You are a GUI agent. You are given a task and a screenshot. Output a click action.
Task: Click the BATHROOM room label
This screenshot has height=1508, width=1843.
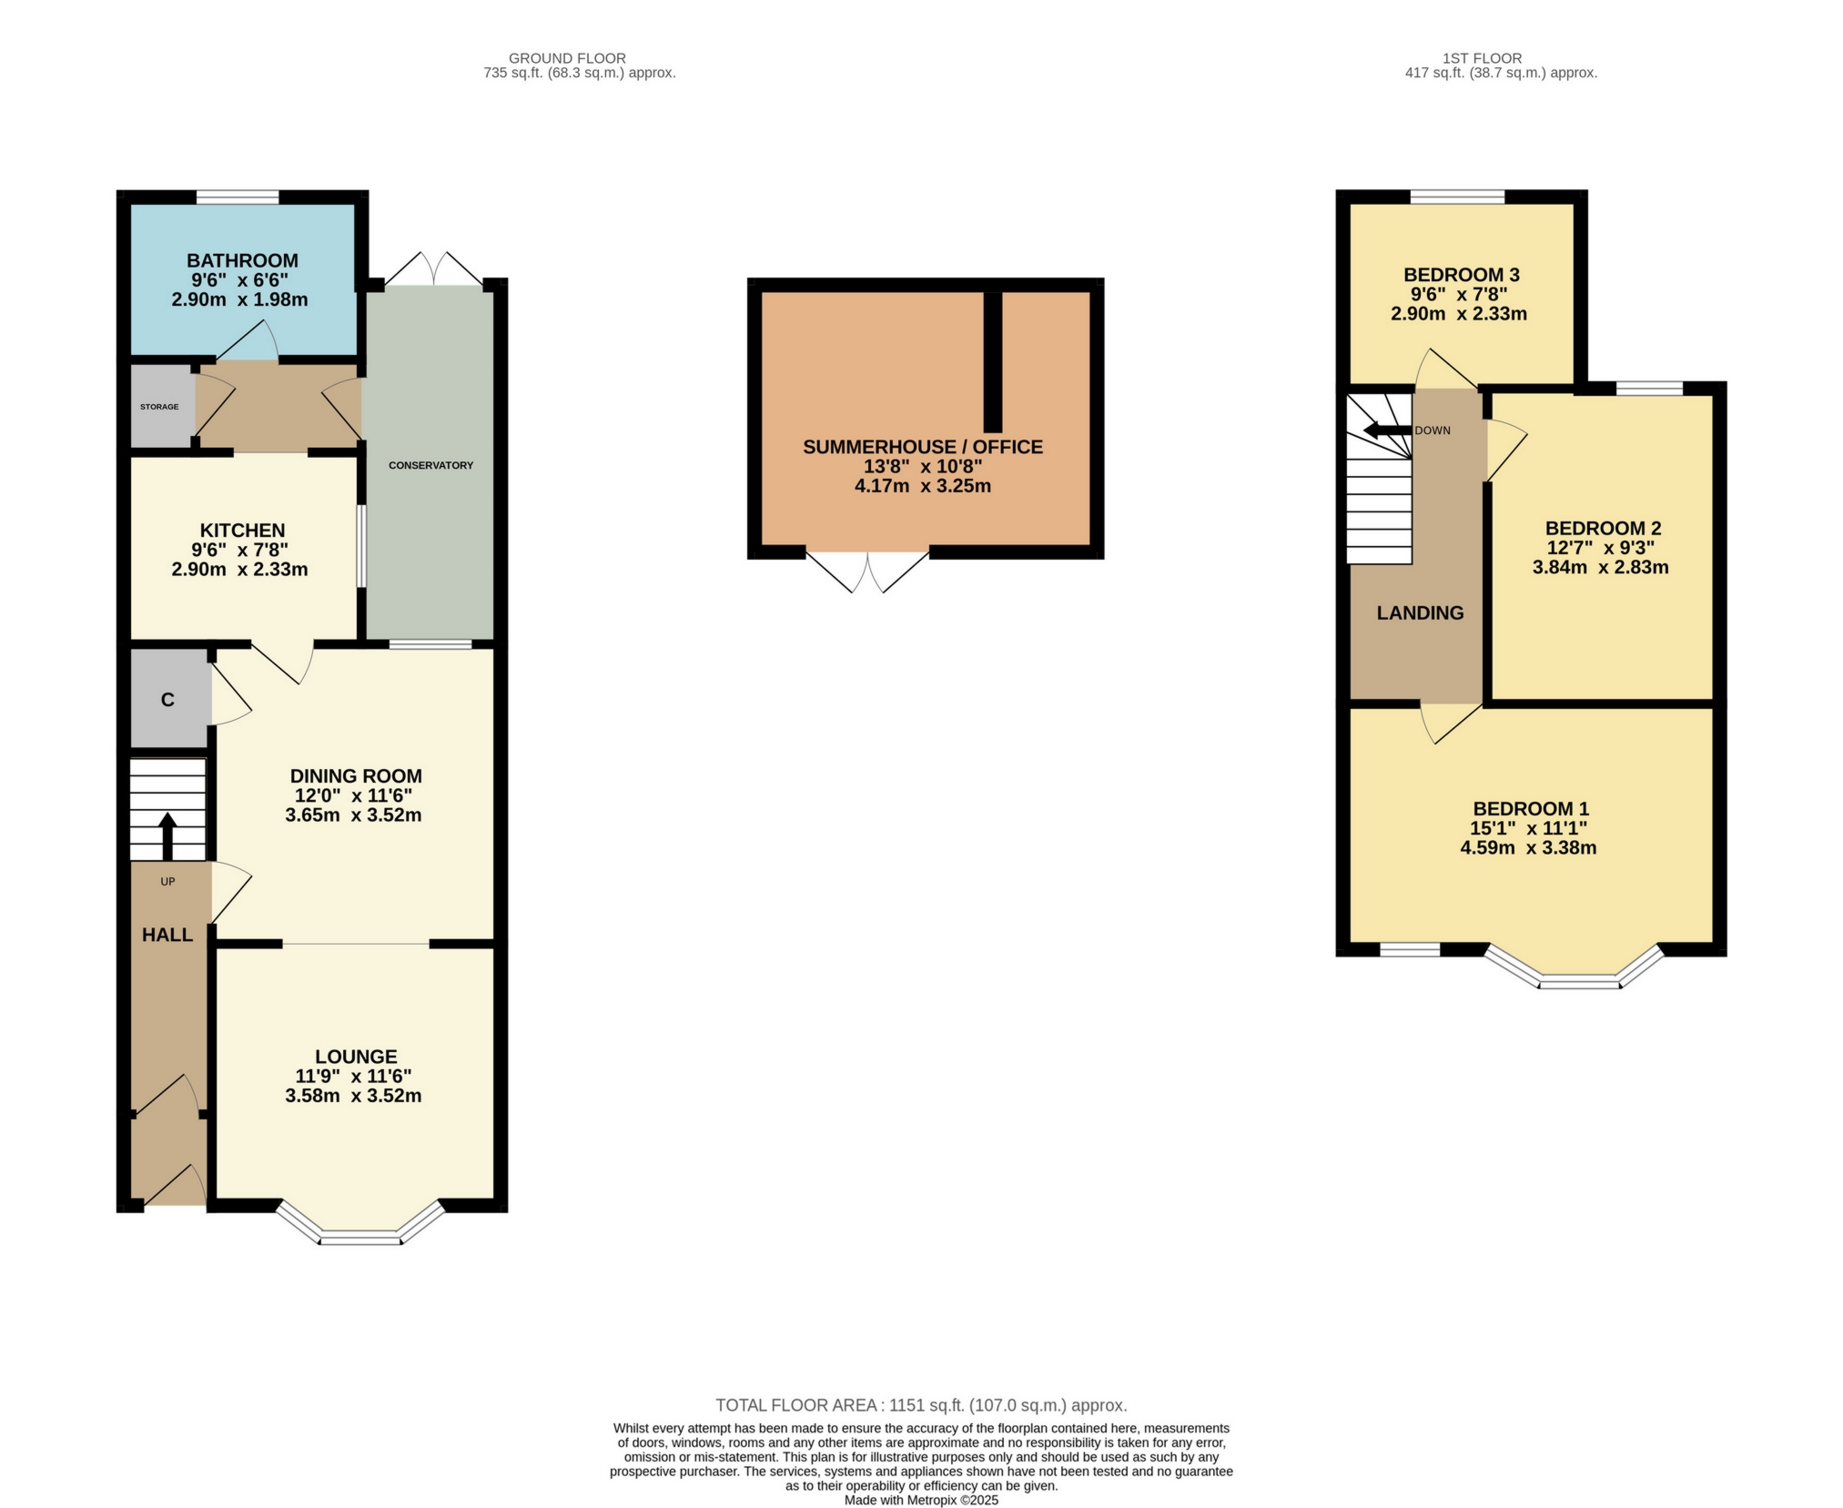click(242, 260)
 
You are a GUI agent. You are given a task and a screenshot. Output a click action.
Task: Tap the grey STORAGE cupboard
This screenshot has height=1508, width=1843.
click(160, 407)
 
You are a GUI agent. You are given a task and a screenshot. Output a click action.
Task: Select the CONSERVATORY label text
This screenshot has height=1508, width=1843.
click(430, 465)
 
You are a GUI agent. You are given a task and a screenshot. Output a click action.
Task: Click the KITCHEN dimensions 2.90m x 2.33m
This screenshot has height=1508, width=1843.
click(239, 571)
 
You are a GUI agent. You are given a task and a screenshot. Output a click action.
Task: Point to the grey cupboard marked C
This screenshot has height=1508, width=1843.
click(167, 699)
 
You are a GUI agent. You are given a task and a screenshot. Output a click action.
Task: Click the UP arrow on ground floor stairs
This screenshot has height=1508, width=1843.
click(167, 834)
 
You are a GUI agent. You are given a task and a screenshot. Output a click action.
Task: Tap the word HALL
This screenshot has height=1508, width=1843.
click(167, 935)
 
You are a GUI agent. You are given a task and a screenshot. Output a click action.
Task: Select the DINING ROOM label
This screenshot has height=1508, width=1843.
click(356, 776)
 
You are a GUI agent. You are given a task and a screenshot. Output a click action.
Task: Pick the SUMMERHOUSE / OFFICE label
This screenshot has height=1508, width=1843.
click(923, 447)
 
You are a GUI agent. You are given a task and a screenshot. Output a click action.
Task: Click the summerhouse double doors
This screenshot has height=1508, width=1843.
click(867, 572)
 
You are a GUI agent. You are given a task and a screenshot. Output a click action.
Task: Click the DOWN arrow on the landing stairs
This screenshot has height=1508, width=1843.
click(1385, 430)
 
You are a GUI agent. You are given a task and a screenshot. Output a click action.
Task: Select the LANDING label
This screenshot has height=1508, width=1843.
click(1420, 613)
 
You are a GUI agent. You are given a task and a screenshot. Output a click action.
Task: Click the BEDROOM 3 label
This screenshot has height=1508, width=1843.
click(1461, 275)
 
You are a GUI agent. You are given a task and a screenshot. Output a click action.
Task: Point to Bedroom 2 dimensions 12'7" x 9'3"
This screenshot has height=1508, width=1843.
click(1600, 548)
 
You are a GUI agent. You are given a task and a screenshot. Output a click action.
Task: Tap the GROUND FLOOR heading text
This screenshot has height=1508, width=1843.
click(567, 58)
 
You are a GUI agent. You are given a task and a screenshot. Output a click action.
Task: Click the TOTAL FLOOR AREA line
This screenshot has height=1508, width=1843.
click(921, 1405)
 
